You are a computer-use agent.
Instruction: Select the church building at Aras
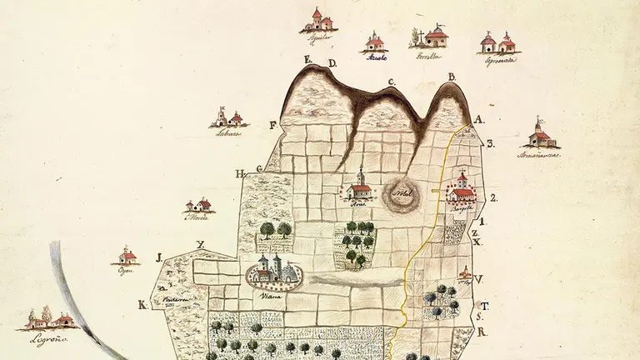point(359,187)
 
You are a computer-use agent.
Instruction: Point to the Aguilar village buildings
point(320,19)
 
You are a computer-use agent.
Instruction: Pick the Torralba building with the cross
point(434,37)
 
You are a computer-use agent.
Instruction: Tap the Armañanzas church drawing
point(540,135)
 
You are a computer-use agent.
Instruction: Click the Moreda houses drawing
point(199,204)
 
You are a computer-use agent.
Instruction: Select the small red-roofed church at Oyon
point(127,255)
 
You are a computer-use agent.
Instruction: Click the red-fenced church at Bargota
point(461,191)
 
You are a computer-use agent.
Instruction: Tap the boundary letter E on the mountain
point(307,59)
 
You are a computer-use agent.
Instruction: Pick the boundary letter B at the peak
point(452,77)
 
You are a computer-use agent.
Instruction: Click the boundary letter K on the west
point(143,305)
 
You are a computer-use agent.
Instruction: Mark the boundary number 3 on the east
point(491,143)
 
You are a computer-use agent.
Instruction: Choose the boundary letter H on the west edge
point(240,174)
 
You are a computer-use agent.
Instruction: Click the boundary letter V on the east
point(481,279)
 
